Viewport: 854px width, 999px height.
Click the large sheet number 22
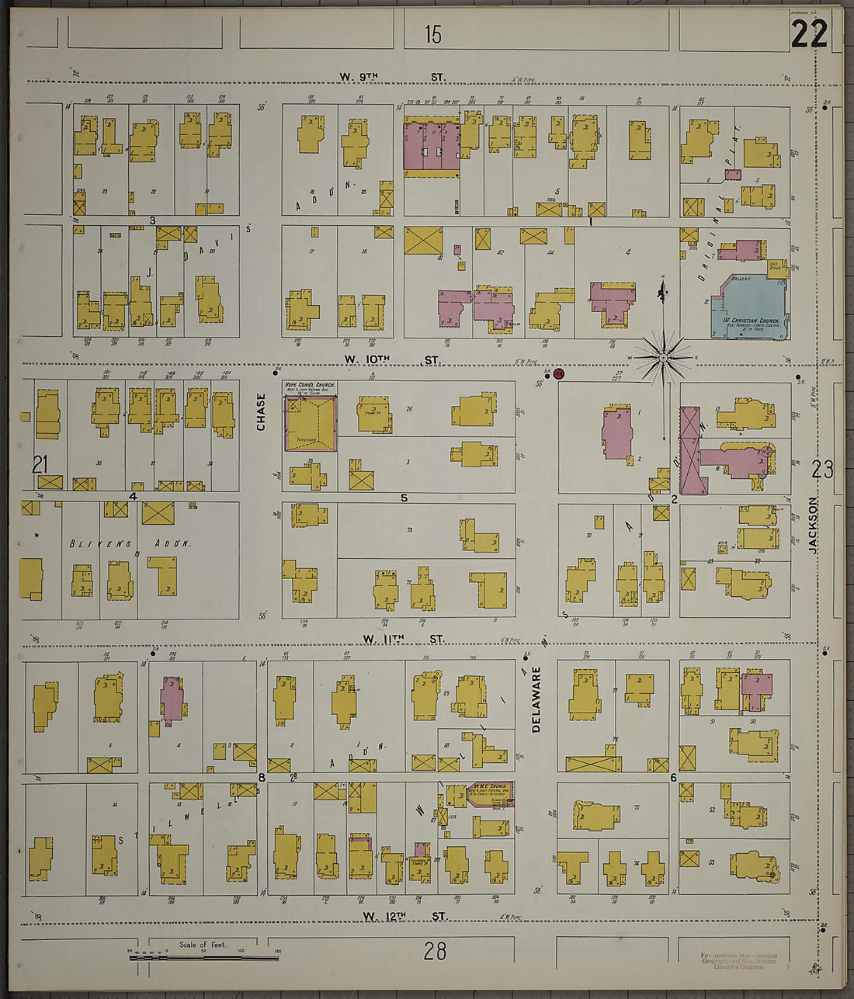coord(809,34)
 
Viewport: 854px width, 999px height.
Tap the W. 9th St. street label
coord(392,77)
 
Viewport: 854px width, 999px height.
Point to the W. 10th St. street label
coord(392,360)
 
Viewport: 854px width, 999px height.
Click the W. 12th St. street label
coord(404,917)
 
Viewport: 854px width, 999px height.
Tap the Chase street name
coord(261,412)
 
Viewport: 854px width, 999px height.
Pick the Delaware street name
coord(536,700)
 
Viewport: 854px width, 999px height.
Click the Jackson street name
coord(813,525)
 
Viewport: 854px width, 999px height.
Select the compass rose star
coord(664,356)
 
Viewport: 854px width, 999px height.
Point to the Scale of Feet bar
coord(203,957)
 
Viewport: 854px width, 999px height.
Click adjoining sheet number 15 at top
coord(432,34)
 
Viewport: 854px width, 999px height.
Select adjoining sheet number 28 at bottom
coord(435,950)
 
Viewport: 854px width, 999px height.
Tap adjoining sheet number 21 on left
coord(40,464)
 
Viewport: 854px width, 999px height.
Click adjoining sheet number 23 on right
coord(822,469)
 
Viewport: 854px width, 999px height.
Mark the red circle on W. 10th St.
coord(558,374)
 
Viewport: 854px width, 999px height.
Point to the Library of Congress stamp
coord(738,961)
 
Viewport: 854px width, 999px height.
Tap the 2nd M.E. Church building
coord(489,793)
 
